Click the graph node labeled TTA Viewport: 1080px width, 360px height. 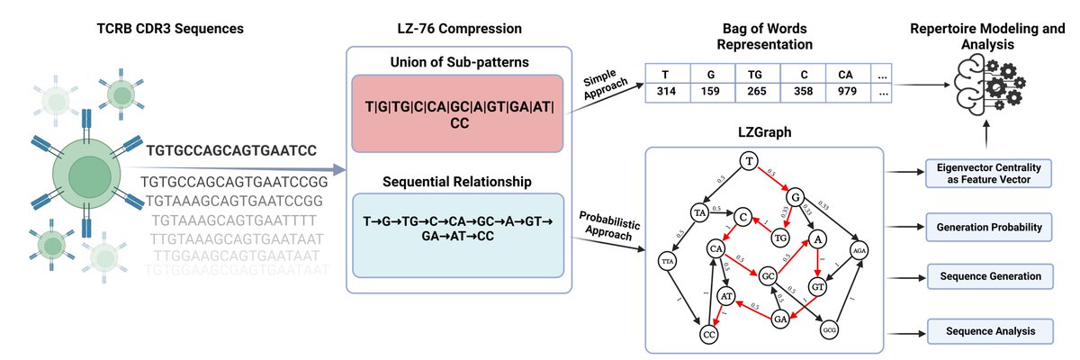tap(668, 261)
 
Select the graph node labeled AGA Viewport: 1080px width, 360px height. tap(858, 252)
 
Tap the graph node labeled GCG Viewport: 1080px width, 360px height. tap(830, 330)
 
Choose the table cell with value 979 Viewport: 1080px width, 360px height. tap(847, 92)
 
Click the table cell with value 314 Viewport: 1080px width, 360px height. tap(669, 92)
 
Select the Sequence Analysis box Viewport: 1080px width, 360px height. tap(988, 332)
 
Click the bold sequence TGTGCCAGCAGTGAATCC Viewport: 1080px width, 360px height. tap(229, 151)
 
